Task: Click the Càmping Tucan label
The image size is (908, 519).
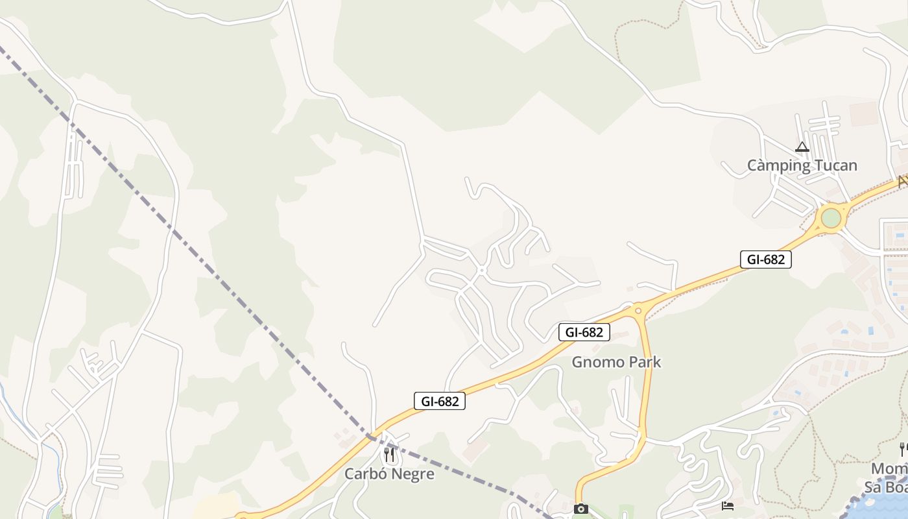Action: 802,165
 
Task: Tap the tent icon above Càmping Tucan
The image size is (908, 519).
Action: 802,147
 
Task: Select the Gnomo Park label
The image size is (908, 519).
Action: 615,362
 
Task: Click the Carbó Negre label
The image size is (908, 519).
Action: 389,474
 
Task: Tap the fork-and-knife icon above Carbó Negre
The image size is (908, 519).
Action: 389,454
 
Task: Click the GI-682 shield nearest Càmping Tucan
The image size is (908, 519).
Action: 765,259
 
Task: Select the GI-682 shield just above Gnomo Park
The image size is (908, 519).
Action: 584,332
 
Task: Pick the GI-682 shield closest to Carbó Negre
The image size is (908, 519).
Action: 440,401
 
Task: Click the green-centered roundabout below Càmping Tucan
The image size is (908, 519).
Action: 831,218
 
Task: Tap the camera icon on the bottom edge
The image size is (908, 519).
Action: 581,509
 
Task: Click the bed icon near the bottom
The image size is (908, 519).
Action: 727,506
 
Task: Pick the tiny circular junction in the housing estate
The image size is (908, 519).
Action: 481,270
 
